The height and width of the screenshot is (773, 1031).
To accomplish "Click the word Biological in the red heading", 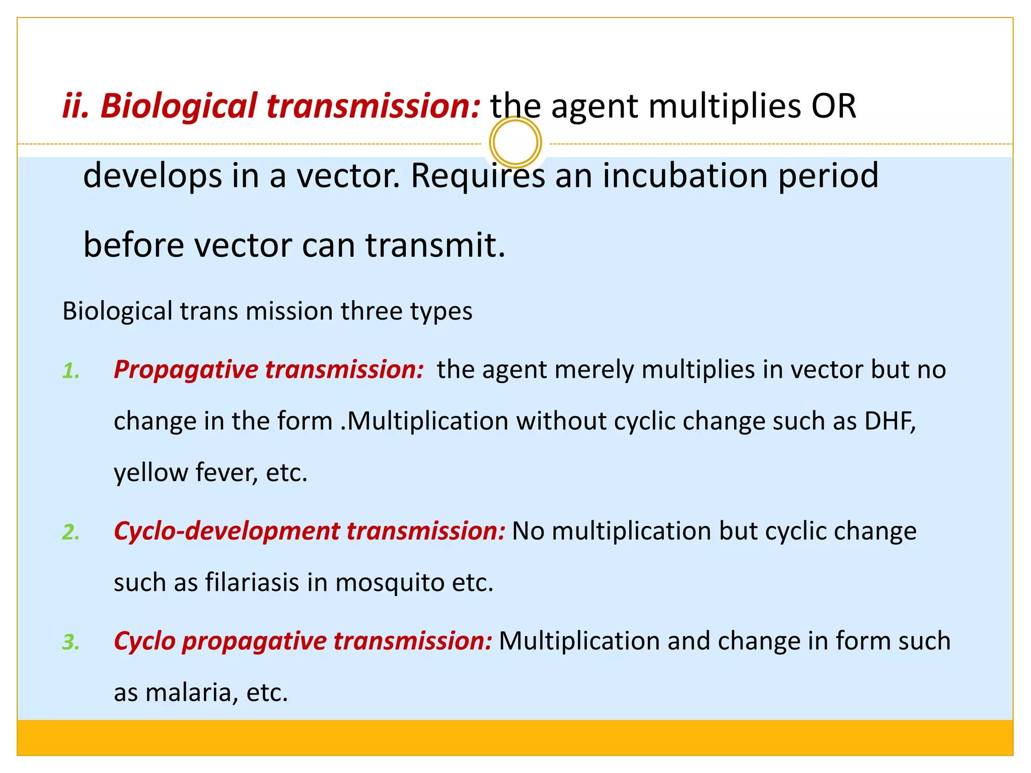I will click(178, 107).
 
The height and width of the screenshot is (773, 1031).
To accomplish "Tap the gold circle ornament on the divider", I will click(515, 142).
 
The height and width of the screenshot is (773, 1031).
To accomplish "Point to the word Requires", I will click(478, 176).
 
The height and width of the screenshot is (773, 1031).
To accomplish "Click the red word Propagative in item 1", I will click(186, 370).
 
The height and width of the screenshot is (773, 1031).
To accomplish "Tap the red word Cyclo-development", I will click(227, 531).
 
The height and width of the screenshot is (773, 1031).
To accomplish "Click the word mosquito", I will click(390, 583).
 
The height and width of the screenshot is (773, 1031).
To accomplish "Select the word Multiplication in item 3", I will click(579, 642).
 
